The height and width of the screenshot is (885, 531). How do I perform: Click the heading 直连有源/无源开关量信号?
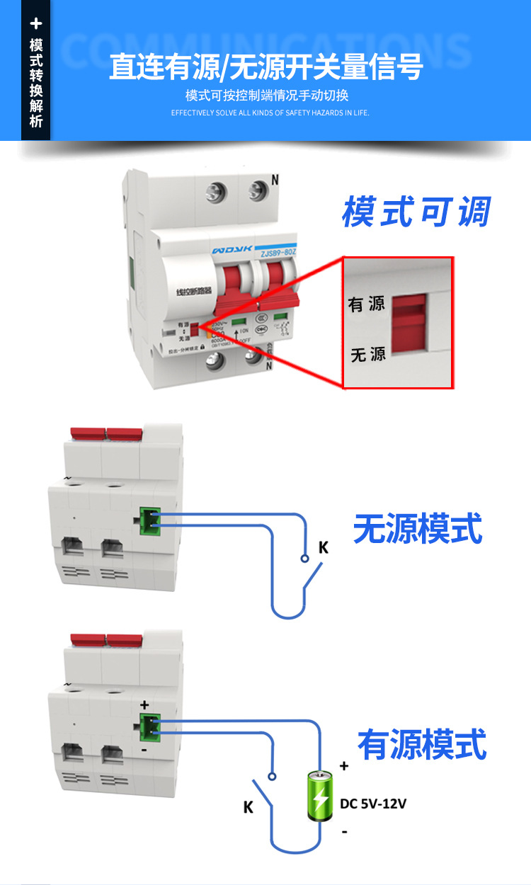[x=266, y=67]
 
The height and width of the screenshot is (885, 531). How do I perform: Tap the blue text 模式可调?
[x=416, y=211]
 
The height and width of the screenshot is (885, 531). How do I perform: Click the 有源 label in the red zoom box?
[x=366, y=304]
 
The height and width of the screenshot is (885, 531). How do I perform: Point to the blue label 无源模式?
[x=418, y=529]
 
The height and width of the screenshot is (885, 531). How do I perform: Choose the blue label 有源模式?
[x=422, y=745]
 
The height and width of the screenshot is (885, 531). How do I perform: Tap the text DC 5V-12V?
[x=373, y=804]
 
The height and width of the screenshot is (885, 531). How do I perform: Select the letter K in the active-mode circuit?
[x=249, y=807]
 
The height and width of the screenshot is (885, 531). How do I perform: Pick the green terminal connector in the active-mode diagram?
[x=149, y=726]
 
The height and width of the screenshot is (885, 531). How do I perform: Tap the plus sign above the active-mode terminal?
[x=144, y=705]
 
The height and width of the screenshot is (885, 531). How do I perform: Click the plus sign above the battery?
[x=344, y=765]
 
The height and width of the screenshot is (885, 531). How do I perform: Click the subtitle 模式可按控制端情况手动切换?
[x=267, y=96]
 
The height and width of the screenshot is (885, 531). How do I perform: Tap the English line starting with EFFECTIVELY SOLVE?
[x=270, y=113]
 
